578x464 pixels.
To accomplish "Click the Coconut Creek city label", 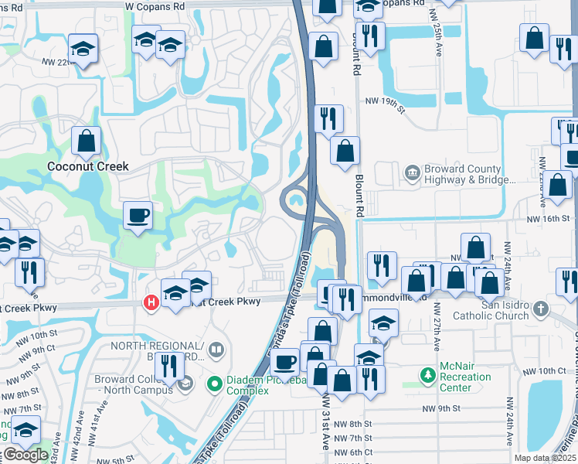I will pyautogui.click(x=87, y=166).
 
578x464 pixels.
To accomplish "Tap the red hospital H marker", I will pyautogui.click(x=152, y=302).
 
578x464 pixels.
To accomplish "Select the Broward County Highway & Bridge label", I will pyautogui.click(x=467, y=175).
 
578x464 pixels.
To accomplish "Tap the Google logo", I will pyautogui.click(x=25, y=455).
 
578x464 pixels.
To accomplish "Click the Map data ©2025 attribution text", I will pyautogui.click(x=545, y=458).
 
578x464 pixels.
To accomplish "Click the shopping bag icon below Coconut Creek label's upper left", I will pyautogui.click(x=87, y=142).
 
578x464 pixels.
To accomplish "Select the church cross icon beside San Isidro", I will pyautogui.click(x=539, y=309).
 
